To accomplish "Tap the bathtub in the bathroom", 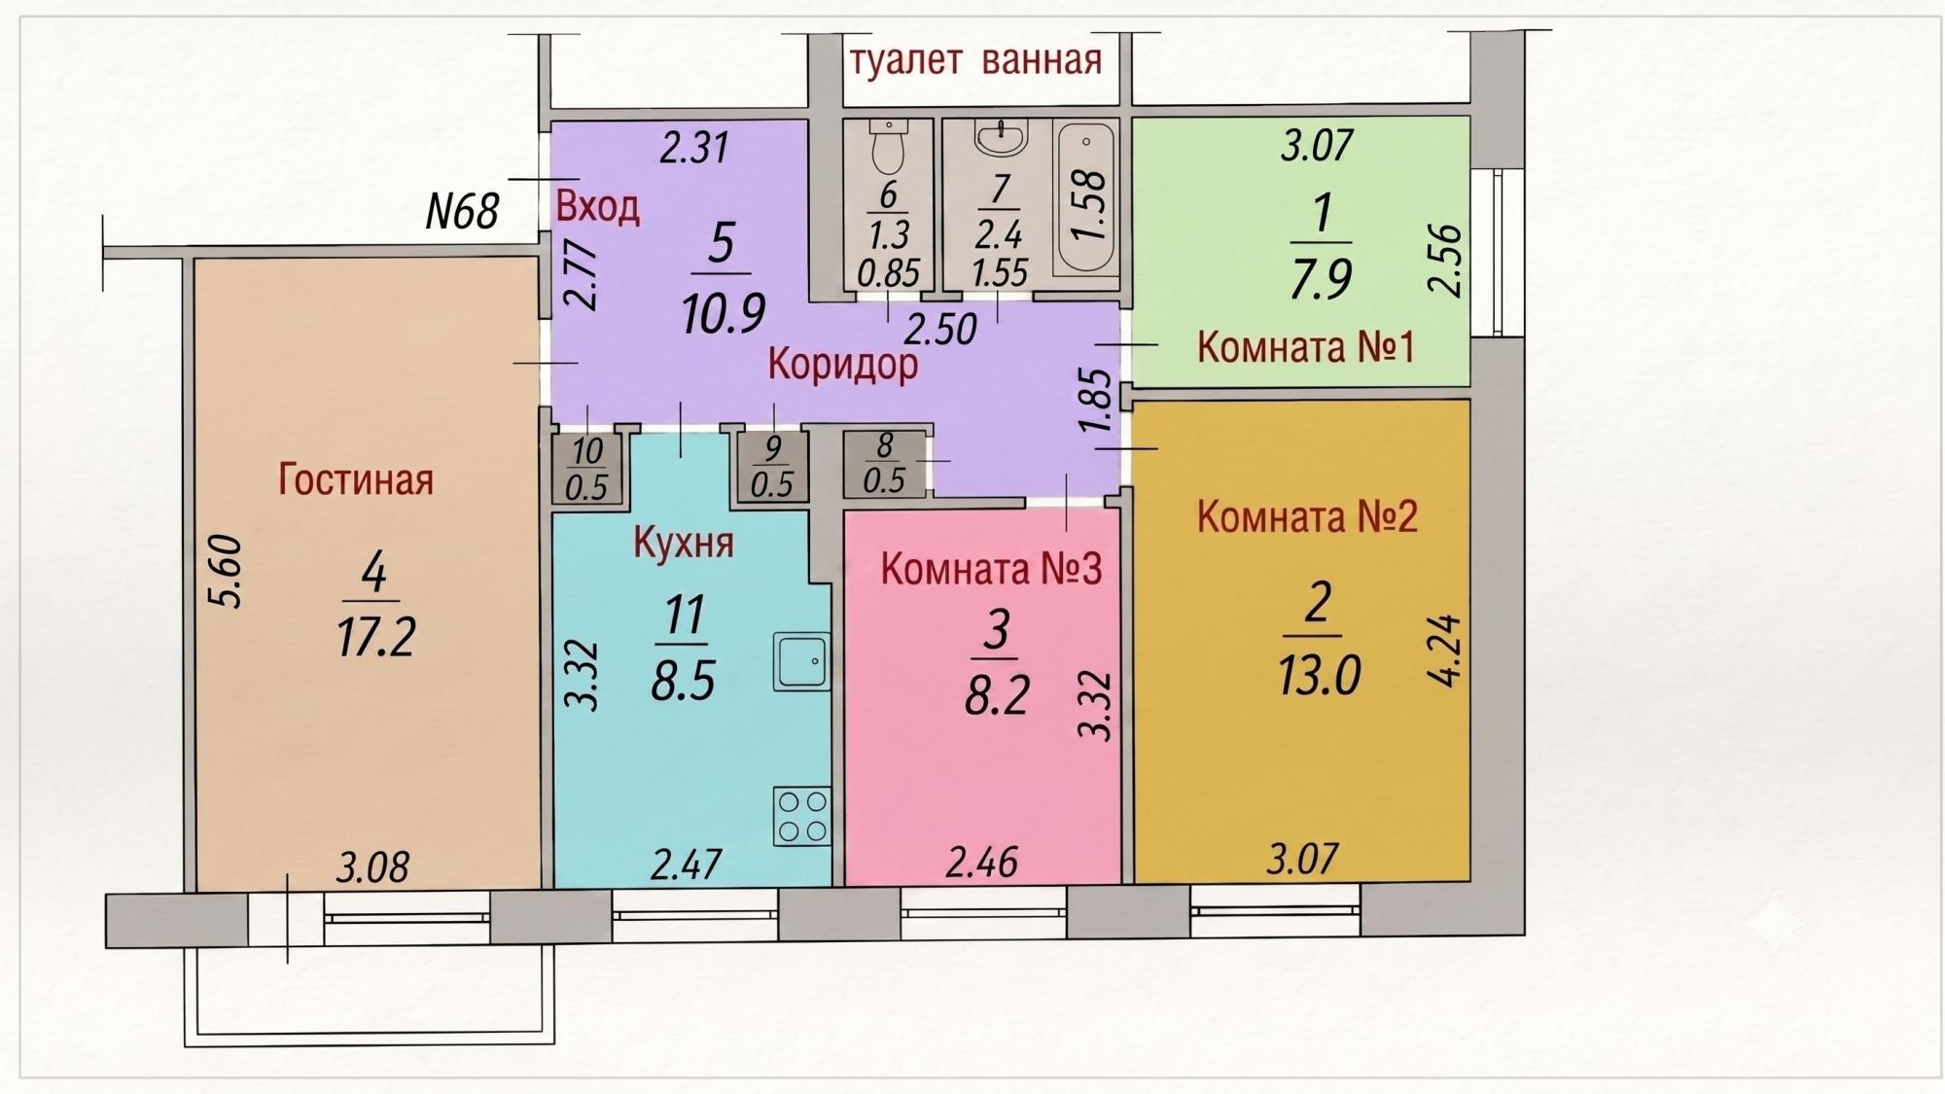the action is click(x=1085, y=198).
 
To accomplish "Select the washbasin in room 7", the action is click(x=1001, y=139).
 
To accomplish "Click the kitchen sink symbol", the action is click(x=802, y=661).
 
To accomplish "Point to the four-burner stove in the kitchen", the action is click(x=802, y=815).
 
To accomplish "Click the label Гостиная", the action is click(x=356, y=479).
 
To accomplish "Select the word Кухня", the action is click(x=683, y=543).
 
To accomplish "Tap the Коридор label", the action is click(x=842, y=365).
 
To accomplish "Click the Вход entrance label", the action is click(x=597, y=206).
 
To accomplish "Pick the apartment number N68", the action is click(x=463, y=211).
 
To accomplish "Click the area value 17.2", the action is click(x=376, y=638).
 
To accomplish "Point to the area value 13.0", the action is click(x=1319, y=675).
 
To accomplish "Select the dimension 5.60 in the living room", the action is click(x=226, y=571).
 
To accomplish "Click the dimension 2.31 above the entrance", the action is click(x=694, y=148).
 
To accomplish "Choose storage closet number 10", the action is click(x=586, y=468).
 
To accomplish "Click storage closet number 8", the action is click(x=885, y=464).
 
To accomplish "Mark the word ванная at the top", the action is click(x=1042, y=60).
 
